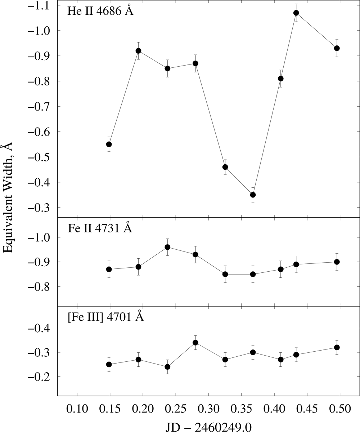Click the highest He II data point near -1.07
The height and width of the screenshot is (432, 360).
pos(296,13)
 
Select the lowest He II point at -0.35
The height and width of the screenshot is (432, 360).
pos(253,195)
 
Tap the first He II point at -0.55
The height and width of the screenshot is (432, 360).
pos(109,144)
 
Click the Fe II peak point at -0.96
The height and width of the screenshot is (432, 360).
pos(167,247)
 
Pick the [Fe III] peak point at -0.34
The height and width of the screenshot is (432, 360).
pos(195,343)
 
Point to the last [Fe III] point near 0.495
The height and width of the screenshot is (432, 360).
pos(337,347)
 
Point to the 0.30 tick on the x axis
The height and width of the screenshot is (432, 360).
pos(208,409)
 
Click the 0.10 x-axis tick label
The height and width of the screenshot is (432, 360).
pos(77,409)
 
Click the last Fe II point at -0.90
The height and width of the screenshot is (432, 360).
pos(337,262)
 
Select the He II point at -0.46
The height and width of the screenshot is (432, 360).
pos(225,167)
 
